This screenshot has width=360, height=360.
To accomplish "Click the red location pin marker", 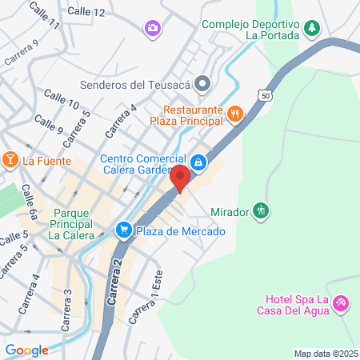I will coord(182,179).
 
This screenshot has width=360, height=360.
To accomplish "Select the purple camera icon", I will coord(151,29).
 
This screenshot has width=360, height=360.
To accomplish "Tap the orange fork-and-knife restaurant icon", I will coord(234,114).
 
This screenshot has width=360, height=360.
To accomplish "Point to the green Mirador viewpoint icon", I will coord(261,212).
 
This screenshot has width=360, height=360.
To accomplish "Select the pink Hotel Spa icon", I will coord(342,302).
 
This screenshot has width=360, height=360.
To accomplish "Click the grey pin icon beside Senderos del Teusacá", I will coord(203,83).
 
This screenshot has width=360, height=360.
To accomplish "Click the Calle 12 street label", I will coord(86,12).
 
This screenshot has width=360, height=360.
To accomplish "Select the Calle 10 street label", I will coord(62,98).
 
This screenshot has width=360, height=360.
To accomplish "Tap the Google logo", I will coord(26,350).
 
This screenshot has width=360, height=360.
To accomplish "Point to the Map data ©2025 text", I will coord(325,354).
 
